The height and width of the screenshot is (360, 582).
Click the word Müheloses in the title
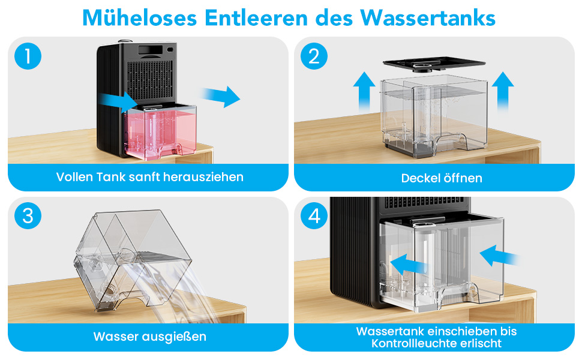tap(139, 17)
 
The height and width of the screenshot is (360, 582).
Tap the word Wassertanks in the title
tap(428, 17)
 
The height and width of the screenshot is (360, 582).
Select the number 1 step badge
tap(28, 56)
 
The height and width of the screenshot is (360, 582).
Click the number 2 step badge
tap(314, 56)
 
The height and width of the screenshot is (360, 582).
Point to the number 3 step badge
tap(28, 215)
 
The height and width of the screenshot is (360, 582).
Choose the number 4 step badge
tap(314, 215)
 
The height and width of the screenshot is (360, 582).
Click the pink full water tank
tap(160, 132)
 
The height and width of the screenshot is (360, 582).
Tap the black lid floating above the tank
tap(434, 64)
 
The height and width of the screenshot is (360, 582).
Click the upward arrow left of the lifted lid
tap(364, 91)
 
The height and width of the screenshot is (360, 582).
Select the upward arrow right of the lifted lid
tap(503, 91)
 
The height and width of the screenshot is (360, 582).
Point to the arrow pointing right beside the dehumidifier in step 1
tap(221, 97)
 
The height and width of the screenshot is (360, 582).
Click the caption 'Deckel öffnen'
tap(442, 178)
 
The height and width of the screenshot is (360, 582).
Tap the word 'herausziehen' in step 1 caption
tap(203, 177)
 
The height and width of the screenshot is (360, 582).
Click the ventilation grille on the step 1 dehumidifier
tap(150, 80)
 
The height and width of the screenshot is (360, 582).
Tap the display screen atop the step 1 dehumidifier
tap(151, 50)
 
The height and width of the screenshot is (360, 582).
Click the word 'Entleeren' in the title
tap(256, 17)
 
